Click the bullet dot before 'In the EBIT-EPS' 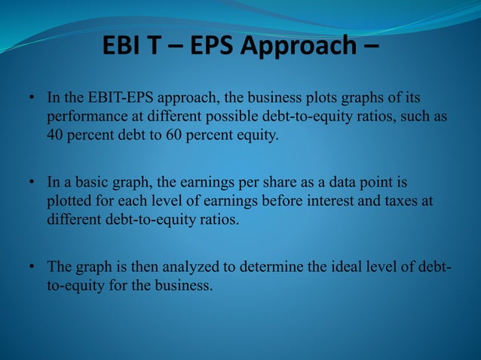[33, 99]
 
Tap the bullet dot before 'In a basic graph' [33, 183]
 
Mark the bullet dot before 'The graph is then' [33, 267]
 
